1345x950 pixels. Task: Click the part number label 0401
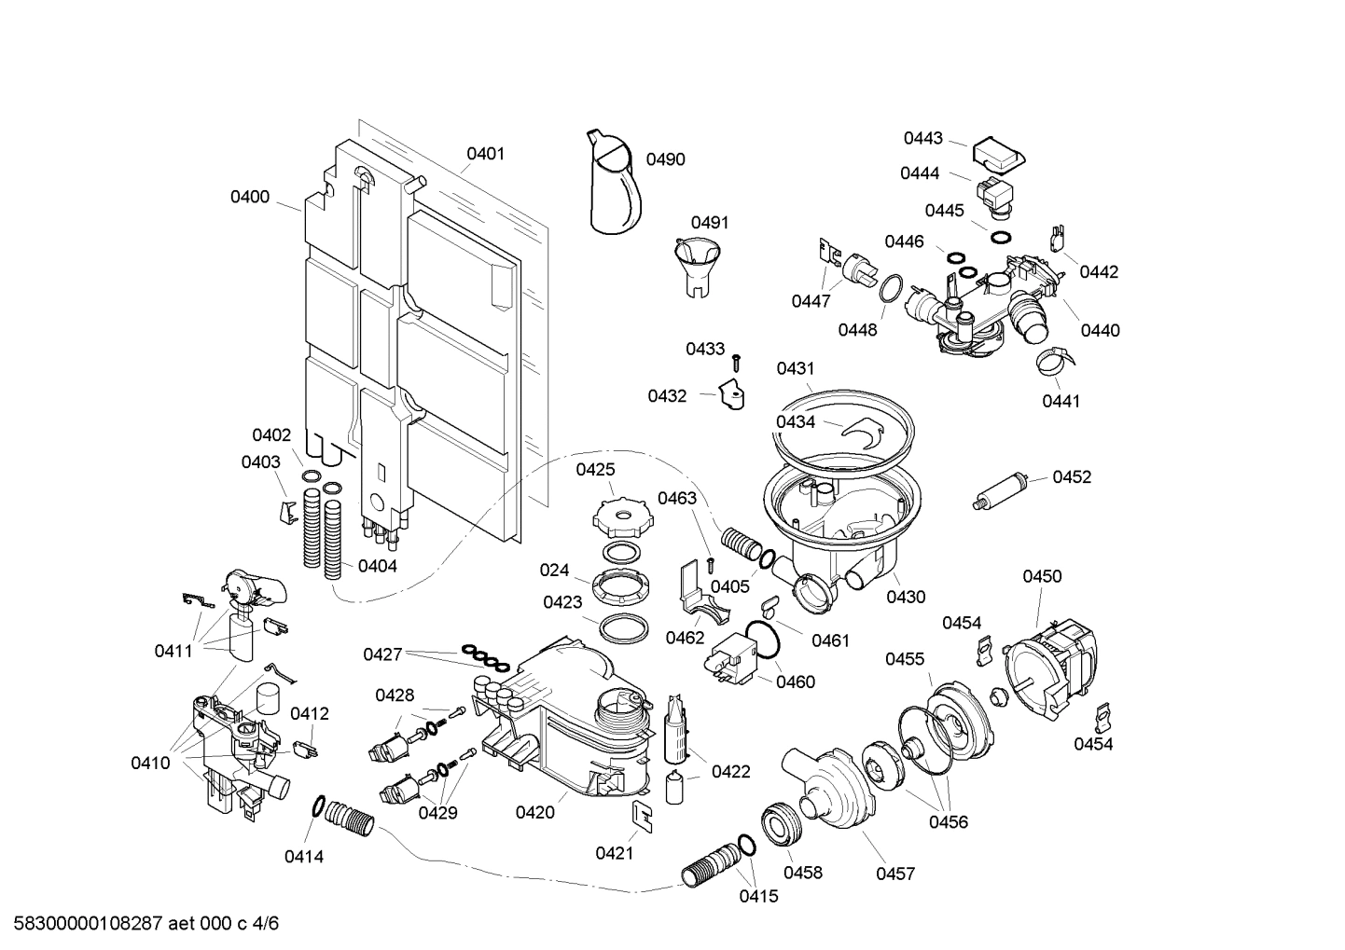point(485,154)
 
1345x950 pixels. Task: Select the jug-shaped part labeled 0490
point(615,186)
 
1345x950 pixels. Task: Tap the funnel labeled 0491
point(697,263)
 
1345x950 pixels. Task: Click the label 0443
point(922,138)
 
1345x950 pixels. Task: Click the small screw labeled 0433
point(736,360)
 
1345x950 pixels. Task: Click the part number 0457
point(894,874)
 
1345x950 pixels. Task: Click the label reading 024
point(554,570)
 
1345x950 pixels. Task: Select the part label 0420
point(534,812)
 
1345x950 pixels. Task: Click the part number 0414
point(304,856)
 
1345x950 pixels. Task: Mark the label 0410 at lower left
point(150,763)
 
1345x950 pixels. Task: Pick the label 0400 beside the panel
point(250,197)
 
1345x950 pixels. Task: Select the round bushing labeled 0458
point(779,823)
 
